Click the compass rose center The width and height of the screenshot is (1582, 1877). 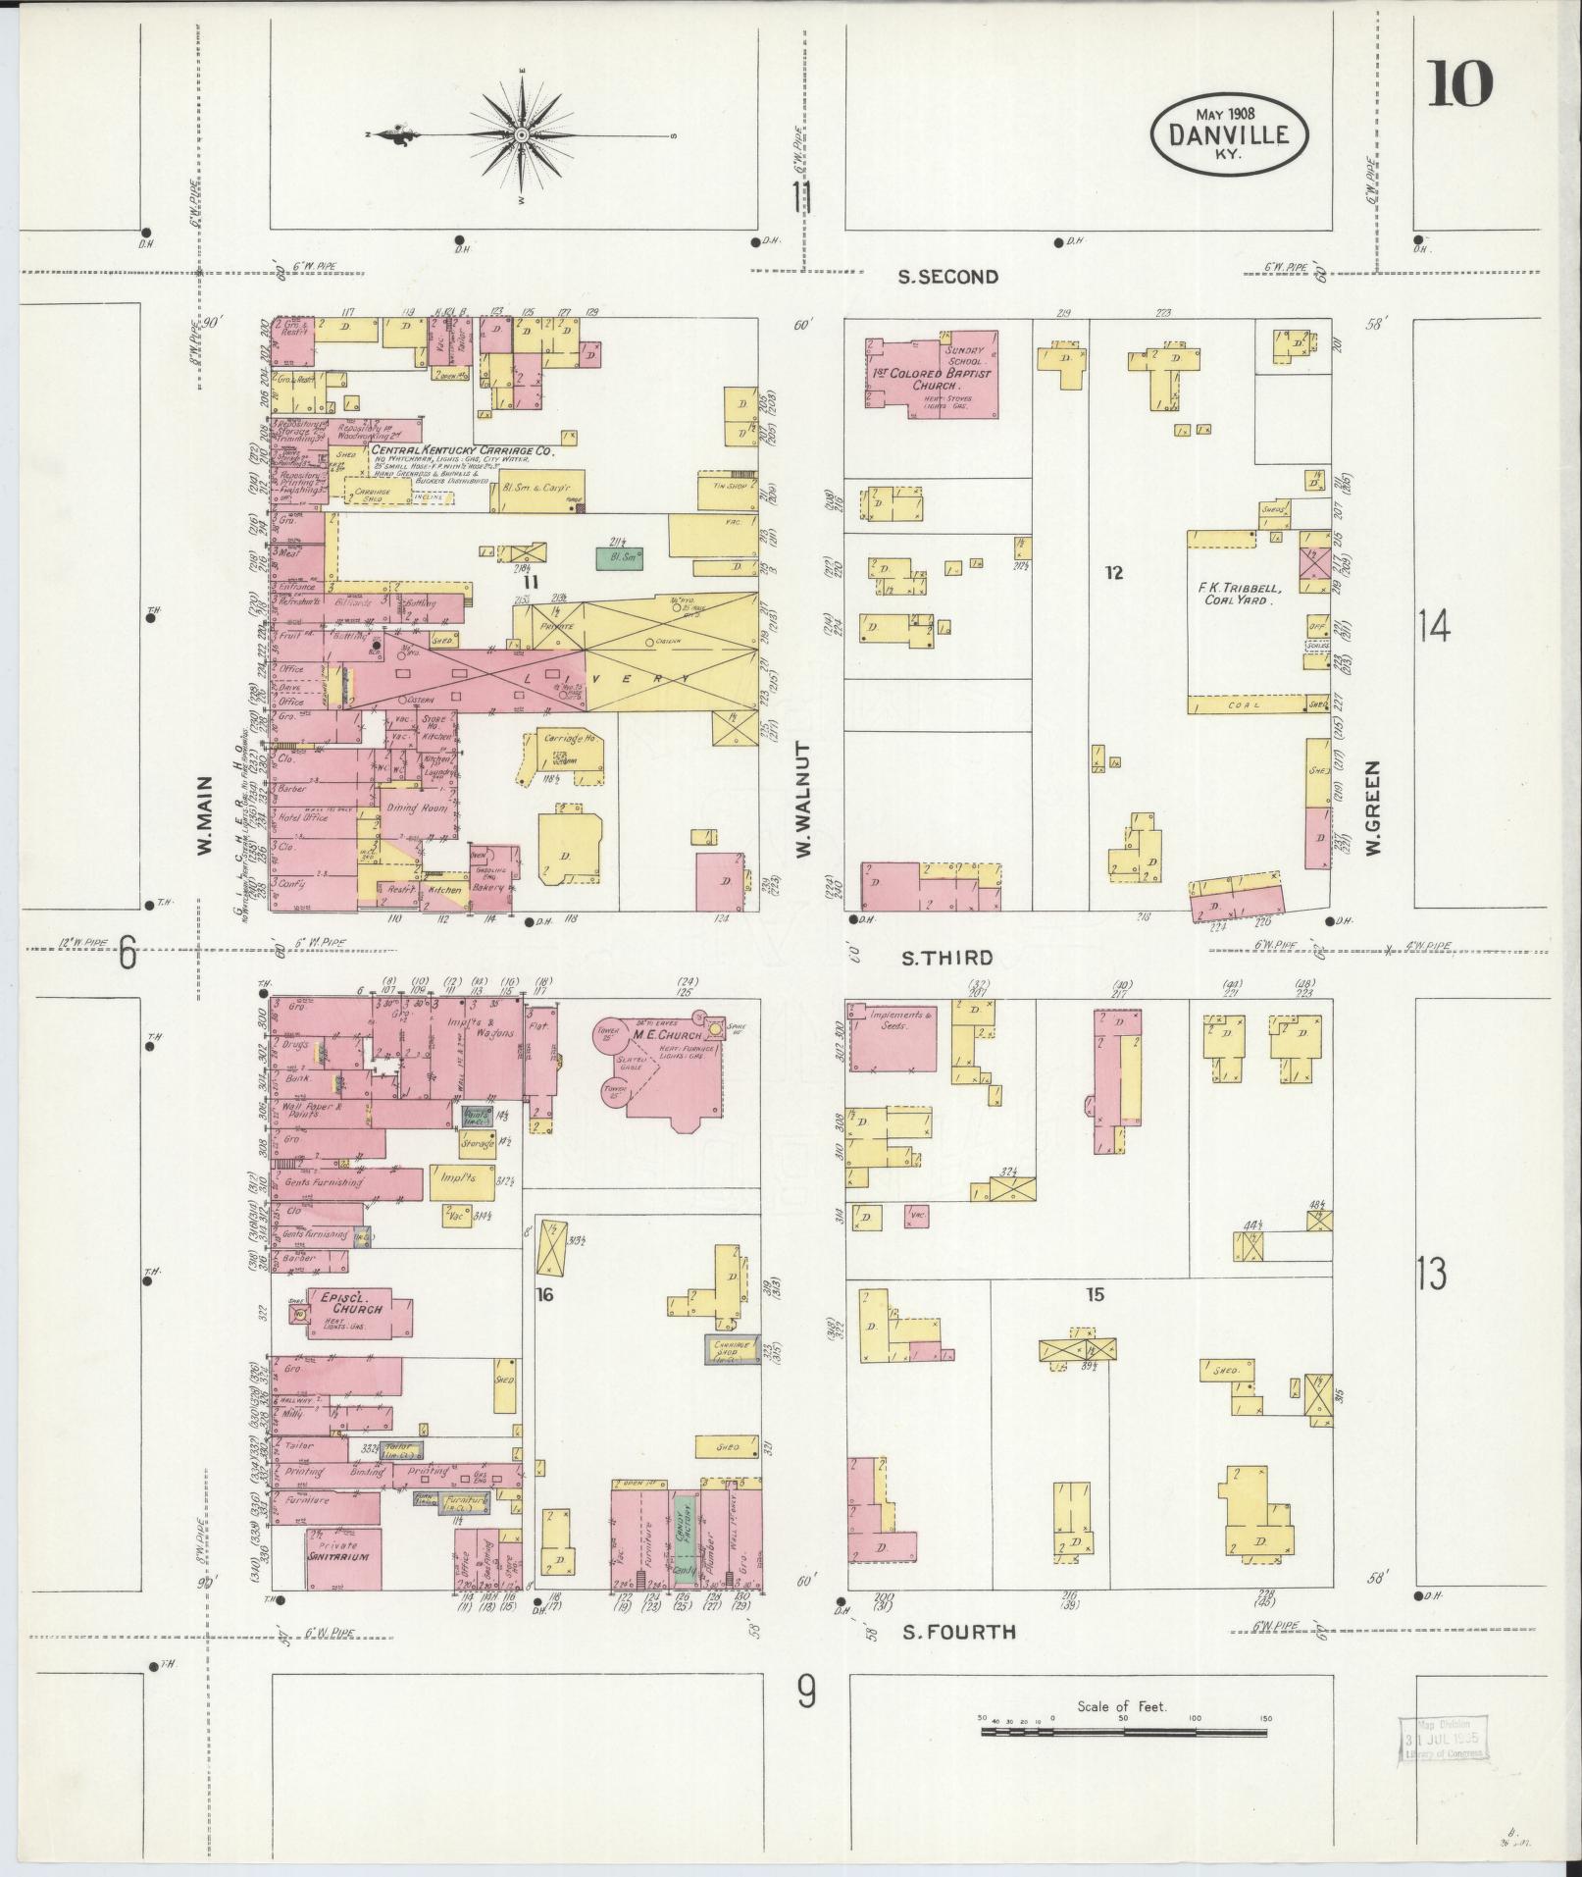tap(522, 134)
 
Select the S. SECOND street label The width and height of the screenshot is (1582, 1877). tap(948, 277)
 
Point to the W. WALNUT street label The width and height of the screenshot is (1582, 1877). tap(804, 800)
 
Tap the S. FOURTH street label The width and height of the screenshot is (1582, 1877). tap(958, 1632)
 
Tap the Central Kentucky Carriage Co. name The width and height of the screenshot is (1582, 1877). tap(462, 450)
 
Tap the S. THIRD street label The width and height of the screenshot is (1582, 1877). tap(947, 958)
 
